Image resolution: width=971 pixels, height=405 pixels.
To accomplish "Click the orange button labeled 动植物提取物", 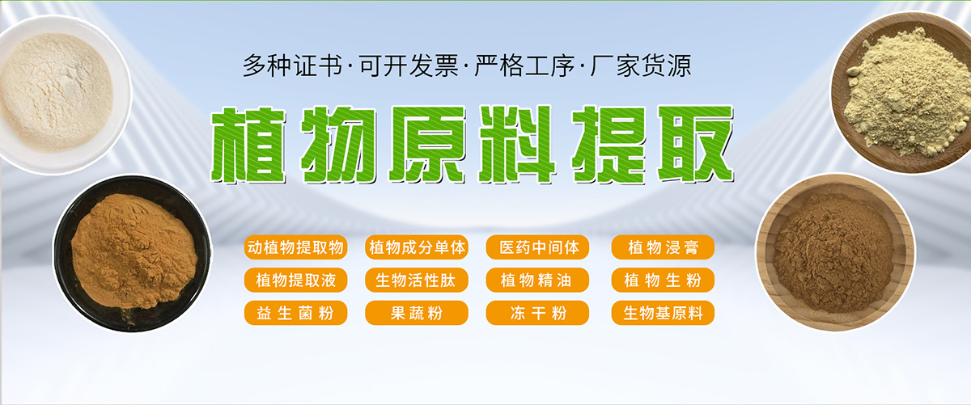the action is pos(295,247).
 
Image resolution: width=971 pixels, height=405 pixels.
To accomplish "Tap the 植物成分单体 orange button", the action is pos(417,247).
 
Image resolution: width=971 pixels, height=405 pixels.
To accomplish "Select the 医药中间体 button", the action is pos(537,247).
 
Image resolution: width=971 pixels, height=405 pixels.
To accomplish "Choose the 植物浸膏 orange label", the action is pos(663,247).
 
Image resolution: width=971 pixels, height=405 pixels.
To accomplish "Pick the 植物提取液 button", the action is pos(295,281).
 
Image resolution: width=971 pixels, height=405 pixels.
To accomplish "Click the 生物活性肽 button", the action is pos(417,281).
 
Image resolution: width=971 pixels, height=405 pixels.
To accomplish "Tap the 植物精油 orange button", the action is pos(537,281).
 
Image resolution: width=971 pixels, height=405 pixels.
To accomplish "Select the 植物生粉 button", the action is pos(663,281).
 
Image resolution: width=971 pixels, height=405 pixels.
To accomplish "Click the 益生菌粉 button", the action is pos(295,313).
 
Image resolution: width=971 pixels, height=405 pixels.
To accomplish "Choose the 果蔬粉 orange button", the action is pos(417,313).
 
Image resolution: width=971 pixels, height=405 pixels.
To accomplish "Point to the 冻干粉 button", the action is pos(537,313).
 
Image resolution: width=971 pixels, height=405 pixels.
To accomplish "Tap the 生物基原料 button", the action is pos(663,313).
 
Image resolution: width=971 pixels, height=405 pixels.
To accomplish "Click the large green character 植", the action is pos(249,145).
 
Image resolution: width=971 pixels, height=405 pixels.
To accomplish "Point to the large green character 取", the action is pos(695,144).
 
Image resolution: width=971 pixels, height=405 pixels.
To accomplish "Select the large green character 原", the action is pos(428,144).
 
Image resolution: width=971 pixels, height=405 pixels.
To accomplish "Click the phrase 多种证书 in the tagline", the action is pos(292,65).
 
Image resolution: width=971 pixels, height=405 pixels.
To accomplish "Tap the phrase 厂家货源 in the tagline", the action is pos(641,65).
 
